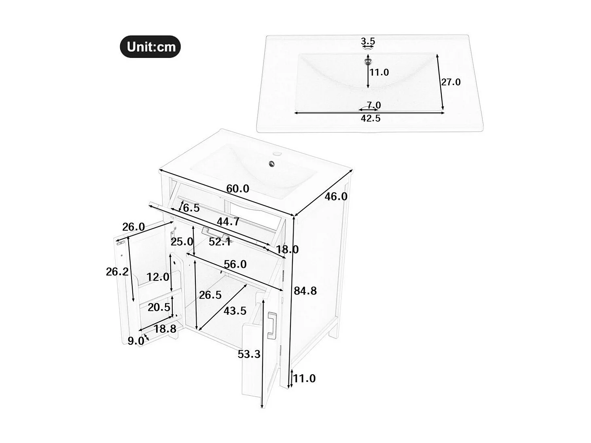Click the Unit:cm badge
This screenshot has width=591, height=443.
(x=150, y=47)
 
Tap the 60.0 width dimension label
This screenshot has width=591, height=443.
(x=237, y=189)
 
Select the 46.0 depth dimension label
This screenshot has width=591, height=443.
(x=336, y=196)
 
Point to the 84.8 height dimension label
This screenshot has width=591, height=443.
(x=305, y=290)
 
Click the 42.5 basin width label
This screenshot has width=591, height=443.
(x=371, y=119)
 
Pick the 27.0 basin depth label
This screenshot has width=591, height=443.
(x=451, y=82)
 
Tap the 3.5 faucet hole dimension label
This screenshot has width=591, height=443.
(x=368, y=41)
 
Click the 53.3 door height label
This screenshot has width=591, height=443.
(x=249, y=354)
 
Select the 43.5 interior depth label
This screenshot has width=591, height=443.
(x=235, y=311)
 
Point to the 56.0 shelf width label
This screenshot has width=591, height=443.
(x=235, y=264)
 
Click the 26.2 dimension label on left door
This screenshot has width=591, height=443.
(x=117, y=271)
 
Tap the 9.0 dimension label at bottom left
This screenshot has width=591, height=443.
(x=136, y=341)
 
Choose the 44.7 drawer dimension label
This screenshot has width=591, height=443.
(x=228, y=222)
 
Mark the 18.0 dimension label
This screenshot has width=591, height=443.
(x=287, y=249)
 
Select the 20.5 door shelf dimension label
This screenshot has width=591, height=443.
(x=159, y=307)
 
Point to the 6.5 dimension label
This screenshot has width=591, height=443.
(x=191, y=208)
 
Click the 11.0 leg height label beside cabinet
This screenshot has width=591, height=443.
(x=304, y=378)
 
